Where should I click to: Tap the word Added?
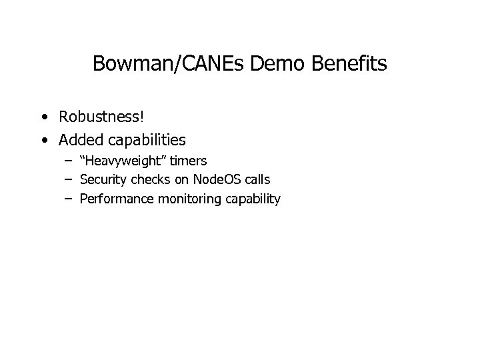click(79, 140)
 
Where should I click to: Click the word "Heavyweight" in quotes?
click(125, 161)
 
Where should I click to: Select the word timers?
click(190, 161)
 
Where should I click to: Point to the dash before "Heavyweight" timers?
click(69, 161)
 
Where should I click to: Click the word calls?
click(256, 179)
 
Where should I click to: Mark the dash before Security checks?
click(69, 180)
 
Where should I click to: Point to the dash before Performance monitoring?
click(69, 199)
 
